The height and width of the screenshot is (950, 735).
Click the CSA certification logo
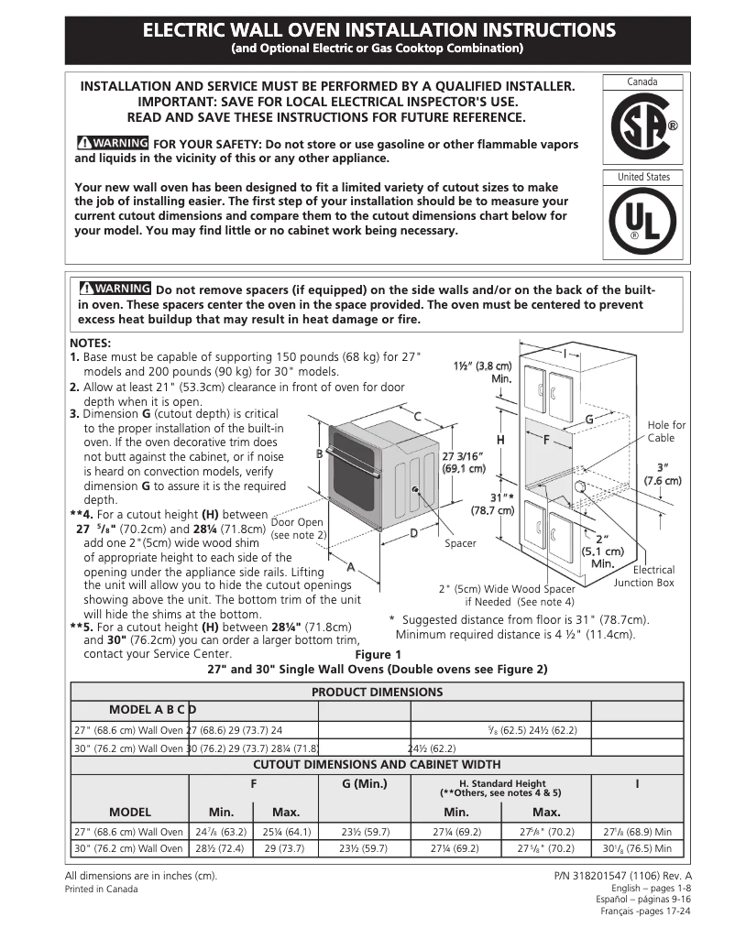click(x=642, y=127)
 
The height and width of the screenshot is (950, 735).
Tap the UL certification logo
click(x=642, y=223)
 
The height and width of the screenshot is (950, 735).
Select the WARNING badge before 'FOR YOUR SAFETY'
click(x=113, y=144)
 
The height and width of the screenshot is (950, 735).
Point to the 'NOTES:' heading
click(x=91, y=344)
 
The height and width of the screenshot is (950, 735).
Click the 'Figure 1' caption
click(x=378, y=654)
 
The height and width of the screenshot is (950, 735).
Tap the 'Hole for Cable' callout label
click(x=666, y=431)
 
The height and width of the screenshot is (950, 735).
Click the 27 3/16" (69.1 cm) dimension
click(x=464, y=462)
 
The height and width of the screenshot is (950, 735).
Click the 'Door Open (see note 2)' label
click(x=298, y=529)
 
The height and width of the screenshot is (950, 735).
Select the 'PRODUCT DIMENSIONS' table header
click(x=377, y=693)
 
